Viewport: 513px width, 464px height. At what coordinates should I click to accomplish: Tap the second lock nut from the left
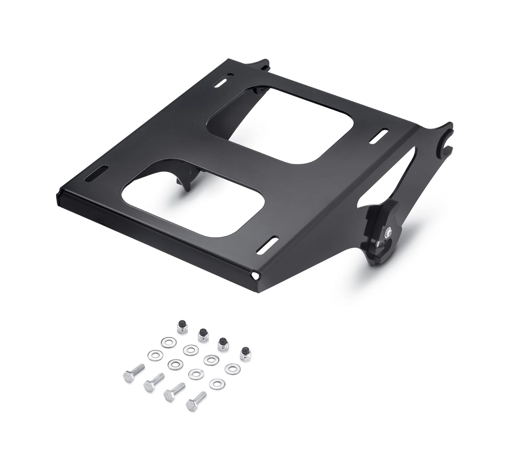coord(202,335)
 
